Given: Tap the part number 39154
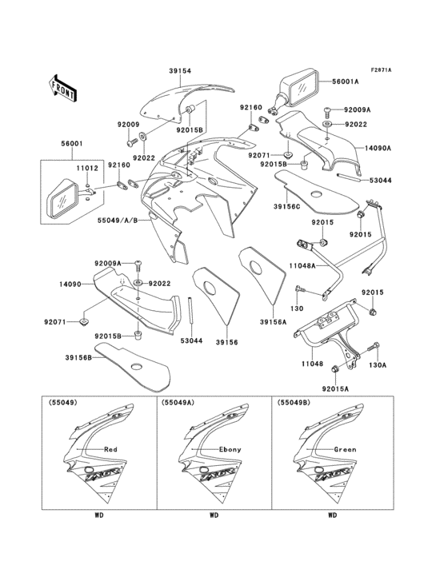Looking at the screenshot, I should pyautogui.click(x=180, y=71).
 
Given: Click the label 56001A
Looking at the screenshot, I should pyautogui.click(x=345, y=82).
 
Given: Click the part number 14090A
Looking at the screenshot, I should pyautogui.click(x=358, y=148).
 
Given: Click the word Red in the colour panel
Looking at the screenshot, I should pyautogui.click(x=110, y=449).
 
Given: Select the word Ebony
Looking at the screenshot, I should pyautogui.click(x=230, y=449).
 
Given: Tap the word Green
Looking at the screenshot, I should pyautogui.click(x=346, y=449).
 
